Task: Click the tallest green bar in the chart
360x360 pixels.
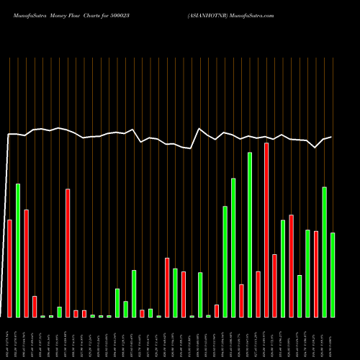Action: pos(250,235)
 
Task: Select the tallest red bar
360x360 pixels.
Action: pos(266,230)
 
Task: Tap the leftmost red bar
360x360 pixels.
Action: pos(9,268)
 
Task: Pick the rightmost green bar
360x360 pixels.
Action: pos(333,275)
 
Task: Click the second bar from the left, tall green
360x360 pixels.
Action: pos(18,251)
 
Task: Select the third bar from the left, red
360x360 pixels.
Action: pos(27,264)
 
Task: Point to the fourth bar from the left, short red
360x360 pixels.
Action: pos(35,306)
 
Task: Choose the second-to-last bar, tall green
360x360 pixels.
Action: pos(324,252)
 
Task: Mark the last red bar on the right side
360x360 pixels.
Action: pos(316,274)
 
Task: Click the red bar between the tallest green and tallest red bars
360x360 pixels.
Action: pos(258,294)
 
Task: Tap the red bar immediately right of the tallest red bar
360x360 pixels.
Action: pos(274,286)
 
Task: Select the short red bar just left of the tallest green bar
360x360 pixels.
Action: pos(241,300)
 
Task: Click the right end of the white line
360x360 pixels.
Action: pos(331,137)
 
